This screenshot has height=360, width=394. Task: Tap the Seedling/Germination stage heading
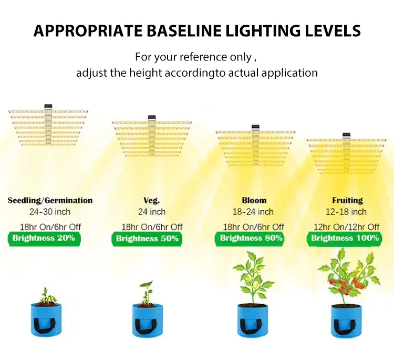(50, 200)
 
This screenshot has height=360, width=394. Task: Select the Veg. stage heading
(151, 200)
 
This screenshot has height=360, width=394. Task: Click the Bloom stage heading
(254, 200)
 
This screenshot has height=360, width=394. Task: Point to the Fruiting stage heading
(347, 200)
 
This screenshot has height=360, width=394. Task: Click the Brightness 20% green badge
(44, 238)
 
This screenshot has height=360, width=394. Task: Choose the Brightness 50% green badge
(147, 239)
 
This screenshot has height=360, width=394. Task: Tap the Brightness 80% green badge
(251, 238)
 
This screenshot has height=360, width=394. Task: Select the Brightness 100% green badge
(345, 238)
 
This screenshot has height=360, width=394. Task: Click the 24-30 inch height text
(50, 212)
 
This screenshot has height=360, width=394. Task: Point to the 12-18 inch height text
(347, 212)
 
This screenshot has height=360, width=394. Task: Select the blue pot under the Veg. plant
(148, 320)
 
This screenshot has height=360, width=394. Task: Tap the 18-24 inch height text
(253, 212)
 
